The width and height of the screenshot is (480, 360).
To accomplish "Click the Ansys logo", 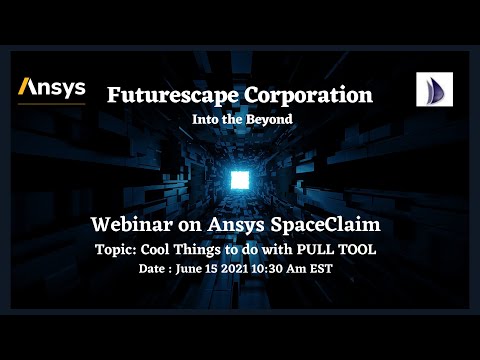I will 52,89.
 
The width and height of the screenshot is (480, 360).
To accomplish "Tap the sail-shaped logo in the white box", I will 435,90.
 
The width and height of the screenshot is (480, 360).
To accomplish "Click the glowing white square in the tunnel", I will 238,180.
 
